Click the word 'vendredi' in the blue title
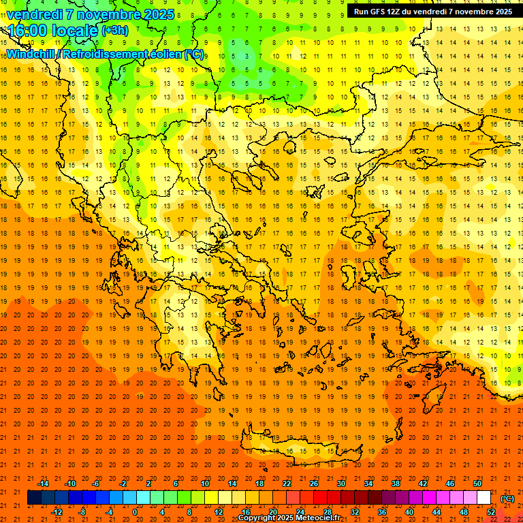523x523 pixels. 35,14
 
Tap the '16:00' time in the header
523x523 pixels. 27,31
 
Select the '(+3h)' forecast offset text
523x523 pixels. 114,31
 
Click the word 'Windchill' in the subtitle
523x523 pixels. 31,54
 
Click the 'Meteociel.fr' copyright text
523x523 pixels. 316,518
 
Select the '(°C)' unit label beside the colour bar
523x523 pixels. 507,498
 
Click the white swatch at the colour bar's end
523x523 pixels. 484,498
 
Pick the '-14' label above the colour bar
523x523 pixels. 43,484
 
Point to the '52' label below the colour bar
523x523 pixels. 491,512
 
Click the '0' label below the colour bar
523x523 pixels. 135,512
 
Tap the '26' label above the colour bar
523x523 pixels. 314,484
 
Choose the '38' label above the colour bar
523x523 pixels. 396,484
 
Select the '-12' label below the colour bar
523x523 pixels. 57,512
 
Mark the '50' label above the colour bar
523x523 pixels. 477,484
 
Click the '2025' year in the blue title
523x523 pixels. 156,14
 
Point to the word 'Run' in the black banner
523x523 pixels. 362,12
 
